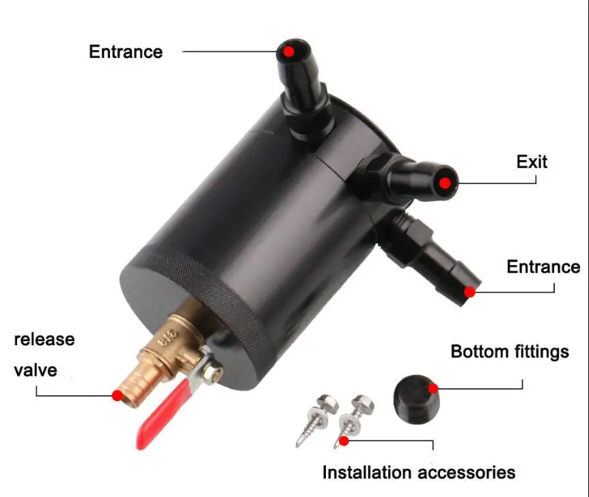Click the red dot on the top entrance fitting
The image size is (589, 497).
click(289, 51)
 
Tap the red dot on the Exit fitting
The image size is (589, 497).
click(445, 183)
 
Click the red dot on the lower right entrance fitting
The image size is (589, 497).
click(469, 292)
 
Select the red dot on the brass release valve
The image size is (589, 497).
click(117, 394)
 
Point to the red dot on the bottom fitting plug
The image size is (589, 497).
click(433, 388)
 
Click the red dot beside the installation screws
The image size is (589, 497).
click(344, 441)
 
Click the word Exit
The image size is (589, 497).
click(532, 162)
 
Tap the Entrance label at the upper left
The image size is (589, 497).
click(126, 52)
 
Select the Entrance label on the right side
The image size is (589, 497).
click(543, 267)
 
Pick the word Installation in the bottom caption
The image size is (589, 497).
click(368, 472)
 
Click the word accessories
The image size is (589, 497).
click(467, 472)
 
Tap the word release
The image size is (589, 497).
click(44, 339)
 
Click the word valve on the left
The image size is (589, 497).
click(36, 371)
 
